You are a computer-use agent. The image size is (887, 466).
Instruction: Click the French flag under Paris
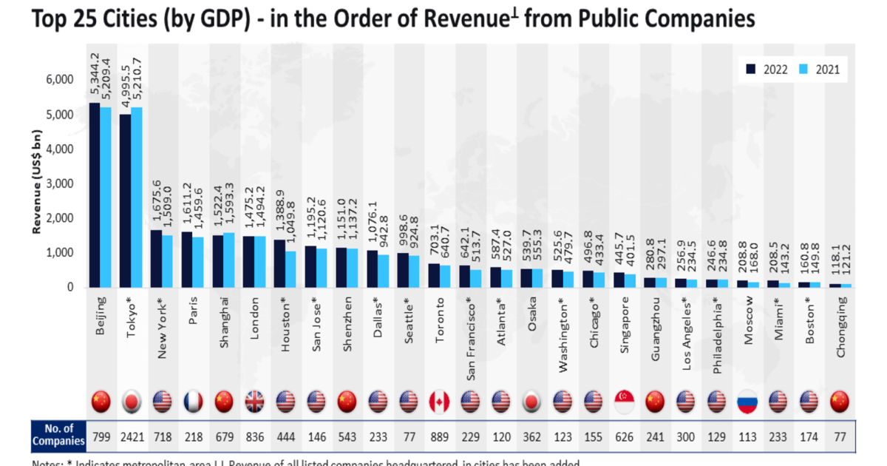[x=193, y=402]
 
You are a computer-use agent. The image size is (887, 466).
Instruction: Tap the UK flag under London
[x=254, y=402]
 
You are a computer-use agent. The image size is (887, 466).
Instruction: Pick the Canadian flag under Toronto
[x=439, y=402]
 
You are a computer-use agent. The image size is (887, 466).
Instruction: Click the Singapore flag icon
[x=624, y=402]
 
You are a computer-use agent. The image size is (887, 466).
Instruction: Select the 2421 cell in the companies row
[x=132, y=435]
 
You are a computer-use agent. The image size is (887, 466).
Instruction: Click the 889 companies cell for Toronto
[x=439, y=435]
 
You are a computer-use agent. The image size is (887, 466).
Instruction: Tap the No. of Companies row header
[x=58, y=435]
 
